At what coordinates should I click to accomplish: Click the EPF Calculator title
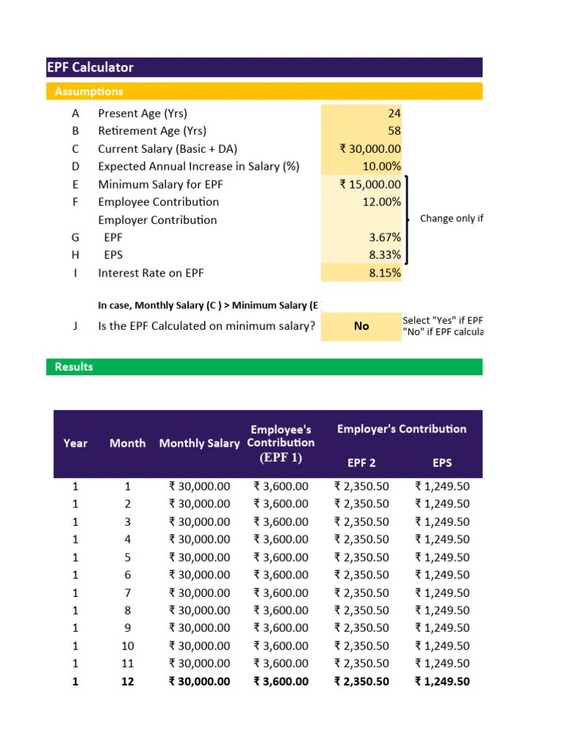[91, 67]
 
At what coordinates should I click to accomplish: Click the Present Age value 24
[394, 113]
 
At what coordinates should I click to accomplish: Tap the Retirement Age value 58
[394, 131]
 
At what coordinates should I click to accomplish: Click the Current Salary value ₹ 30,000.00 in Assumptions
[370, 148]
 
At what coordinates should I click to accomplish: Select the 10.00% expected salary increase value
[381, 166]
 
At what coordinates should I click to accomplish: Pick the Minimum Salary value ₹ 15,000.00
[370, 184]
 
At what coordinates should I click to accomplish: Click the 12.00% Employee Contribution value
[381, 202]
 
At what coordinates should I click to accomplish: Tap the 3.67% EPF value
[386, 238]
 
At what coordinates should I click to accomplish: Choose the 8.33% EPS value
[386, 255]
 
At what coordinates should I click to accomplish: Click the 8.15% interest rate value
[386, 273]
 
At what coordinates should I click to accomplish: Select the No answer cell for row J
[361, 326]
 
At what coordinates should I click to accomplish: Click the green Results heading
[74, 366]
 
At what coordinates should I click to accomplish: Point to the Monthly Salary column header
[199, 443]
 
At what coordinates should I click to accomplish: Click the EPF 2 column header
[361, 462]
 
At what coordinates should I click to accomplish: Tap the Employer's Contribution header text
[402, 429]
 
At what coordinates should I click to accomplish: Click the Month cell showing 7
[127, 592]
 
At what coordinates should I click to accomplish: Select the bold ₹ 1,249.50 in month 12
[442, 681]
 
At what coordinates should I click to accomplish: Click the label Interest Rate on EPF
[151, 273]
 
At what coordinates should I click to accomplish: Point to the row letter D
[75, 166]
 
